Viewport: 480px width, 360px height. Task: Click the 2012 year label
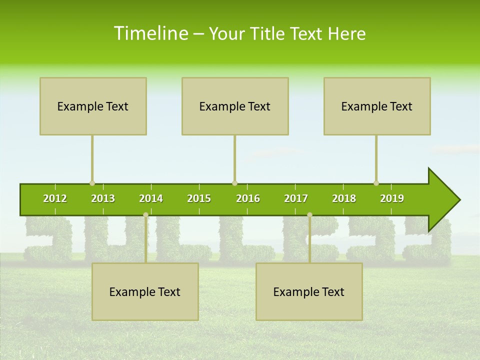pos(55,199)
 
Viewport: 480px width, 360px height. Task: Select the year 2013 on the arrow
pos(103,199)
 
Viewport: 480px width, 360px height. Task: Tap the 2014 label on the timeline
pos(151,199)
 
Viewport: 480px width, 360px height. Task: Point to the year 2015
pos(199,199)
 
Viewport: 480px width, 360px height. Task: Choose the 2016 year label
pos(248,199)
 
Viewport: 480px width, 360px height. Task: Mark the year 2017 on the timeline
pos(296,199)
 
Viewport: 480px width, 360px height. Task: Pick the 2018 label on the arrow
pos(344,199)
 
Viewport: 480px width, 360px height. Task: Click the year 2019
pos(392,199)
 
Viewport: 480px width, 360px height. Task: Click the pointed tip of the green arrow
pos(458,200)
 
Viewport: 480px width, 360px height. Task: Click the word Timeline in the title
pos(150,33)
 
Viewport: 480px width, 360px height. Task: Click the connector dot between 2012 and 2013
pos(92,183)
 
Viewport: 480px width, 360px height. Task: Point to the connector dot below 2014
pos(145,215)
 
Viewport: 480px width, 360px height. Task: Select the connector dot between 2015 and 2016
pos(234,183)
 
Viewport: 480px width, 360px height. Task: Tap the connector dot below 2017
pos(309,215)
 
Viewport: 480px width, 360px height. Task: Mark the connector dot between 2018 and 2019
pos(376,183)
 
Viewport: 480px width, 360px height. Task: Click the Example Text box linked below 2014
pos(145,291)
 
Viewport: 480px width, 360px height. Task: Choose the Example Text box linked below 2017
pos(309,291)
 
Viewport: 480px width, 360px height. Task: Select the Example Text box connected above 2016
pos(235,106)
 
